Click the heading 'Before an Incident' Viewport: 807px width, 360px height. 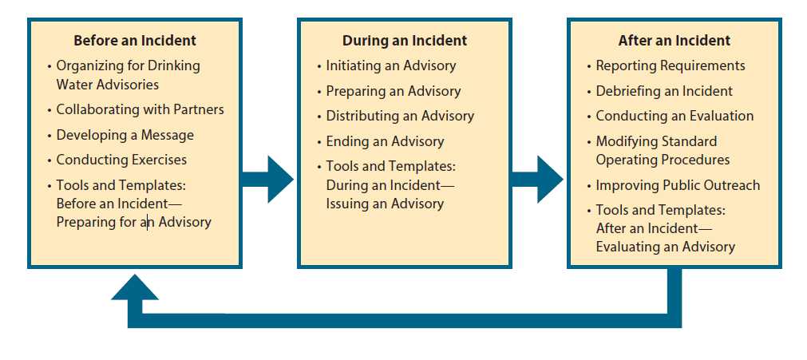(x=135, y=40)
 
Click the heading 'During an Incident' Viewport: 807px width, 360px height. (x=405, y=41)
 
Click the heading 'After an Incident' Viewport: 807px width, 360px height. (x=674, y=41)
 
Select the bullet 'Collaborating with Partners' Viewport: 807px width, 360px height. (x=140, y=109)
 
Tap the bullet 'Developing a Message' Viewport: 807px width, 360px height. (x=125, y=135)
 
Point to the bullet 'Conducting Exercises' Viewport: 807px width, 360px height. (x=121, y=160)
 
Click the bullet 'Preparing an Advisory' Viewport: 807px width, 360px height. (x=394, y=90)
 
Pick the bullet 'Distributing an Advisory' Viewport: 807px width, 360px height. (x=400, y=116)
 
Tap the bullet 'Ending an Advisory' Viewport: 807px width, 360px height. (x=385, y=141)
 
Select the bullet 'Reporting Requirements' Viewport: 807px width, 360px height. (x=671, y=65)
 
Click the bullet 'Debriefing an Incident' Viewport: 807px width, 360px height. (x=664, y=91)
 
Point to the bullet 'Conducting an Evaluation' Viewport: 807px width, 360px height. (x=674, y=116)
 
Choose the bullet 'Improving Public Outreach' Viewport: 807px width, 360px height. (x=678, y=185)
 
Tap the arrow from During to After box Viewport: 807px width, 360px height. (x=539, y=176)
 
